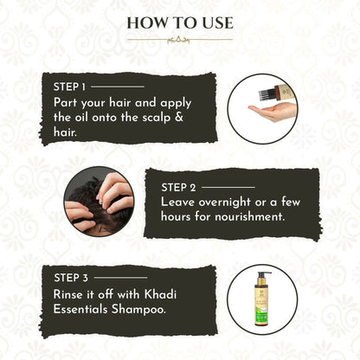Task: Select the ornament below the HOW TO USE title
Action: point(179,40)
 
